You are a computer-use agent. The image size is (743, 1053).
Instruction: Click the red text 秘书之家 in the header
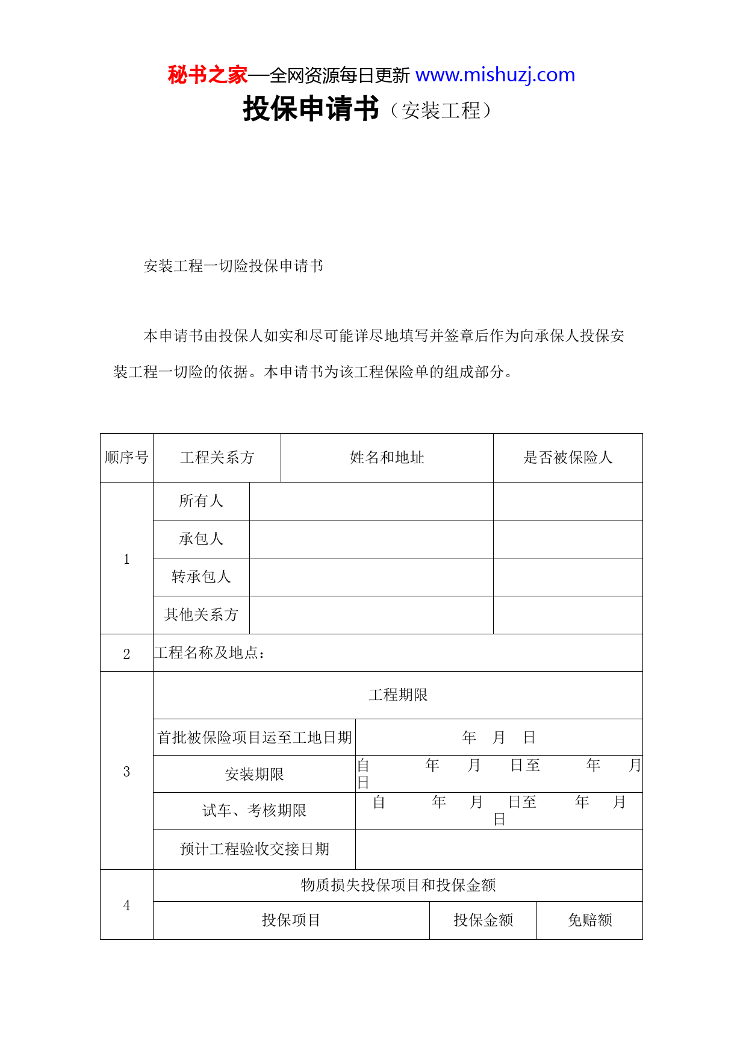click(207, 75)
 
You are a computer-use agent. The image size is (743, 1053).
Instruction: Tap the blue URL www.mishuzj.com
click(495, 75)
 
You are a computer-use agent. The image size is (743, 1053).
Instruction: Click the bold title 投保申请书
click(311, 110)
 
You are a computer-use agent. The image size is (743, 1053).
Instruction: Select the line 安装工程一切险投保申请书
click(233, 266)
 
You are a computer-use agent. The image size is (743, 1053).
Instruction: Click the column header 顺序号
click(126, 458)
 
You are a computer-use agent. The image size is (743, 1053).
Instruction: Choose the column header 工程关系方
click(217, 458)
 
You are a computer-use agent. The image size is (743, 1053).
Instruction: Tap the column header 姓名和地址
click(387, 458)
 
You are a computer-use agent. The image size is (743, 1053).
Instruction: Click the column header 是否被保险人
click(567, 458)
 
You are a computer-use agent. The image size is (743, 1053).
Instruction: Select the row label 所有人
click(201, 501)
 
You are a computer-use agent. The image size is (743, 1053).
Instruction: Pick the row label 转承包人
click(201, 577)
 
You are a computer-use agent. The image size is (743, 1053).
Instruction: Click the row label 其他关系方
click(201, 615)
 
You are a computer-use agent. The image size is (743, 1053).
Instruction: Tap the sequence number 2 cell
click(126, 654)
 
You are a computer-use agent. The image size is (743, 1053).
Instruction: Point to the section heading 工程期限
click(398, 695)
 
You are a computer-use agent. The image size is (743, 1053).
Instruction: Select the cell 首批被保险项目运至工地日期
click(254, 738)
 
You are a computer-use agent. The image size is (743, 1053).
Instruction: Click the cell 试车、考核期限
click(254, 811)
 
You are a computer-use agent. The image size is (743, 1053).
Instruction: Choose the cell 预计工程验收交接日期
click(254, 849)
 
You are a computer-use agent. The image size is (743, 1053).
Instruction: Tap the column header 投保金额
click(483, 920)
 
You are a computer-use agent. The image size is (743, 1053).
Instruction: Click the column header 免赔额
click(589, 920)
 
